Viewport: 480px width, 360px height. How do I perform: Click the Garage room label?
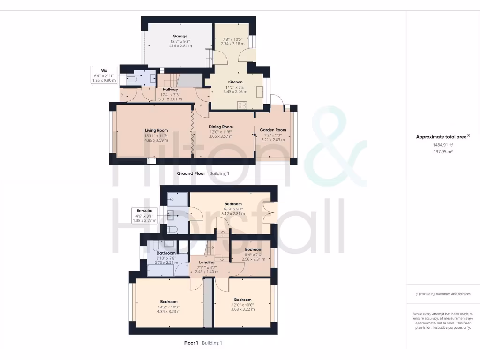click(x=180, y=36)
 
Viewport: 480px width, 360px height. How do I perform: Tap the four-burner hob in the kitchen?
click(x=242, y=105)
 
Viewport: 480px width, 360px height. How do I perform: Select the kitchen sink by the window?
click(x=259, y=91)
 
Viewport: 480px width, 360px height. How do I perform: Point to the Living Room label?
click(x=156, y=130)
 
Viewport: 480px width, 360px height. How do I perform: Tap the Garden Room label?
click(x=273, y=130)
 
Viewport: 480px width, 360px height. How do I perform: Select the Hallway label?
click(x=170, y=89)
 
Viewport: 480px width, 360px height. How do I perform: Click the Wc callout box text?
click(x=104, y=75)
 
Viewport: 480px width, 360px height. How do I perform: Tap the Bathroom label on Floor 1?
click(x=166, y=253)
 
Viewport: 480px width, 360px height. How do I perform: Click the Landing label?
click(x=207, y=262)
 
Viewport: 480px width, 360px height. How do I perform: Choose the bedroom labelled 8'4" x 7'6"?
click(x=253, y=249)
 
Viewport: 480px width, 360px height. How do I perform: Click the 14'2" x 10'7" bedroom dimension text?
click(x=169, y=307)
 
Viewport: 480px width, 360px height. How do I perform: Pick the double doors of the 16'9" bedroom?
click(x=271, y=211)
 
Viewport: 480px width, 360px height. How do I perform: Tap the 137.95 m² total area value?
click(x=443, y=151)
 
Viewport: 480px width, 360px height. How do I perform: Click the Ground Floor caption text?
click(x=191, y=173)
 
